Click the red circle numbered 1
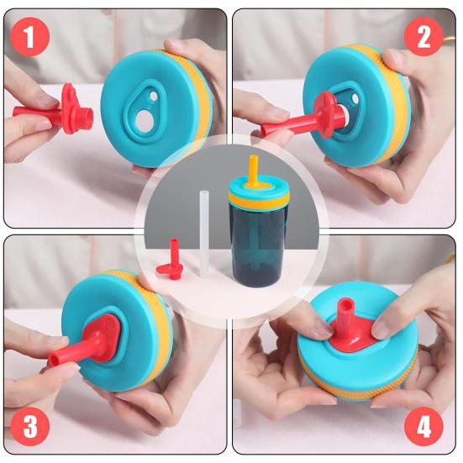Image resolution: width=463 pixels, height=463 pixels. tap(29, 37)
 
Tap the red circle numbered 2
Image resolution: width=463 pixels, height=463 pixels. tap(424, 37)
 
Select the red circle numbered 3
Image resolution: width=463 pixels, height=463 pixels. tap(29, 427)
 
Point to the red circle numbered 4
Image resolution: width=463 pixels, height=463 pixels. tap(424, 427)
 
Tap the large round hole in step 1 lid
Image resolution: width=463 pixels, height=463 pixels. tap(145, 121)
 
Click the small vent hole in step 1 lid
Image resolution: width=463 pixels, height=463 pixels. tap(154, 96)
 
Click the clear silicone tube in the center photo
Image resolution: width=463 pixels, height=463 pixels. tap(204, 234)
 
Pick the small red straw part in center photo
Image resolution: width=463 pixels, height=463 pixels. tap(171, 261)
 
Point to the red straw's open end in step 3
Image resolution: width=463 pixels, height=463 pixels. tap(53, 360)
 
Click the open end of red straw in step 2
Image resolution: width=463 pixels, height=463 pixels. tap(266, 129)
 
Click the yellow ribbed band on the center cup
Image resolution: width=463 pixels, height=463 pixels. tap(259, 200)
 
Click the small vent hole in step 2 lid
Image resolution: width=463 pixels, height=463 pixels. tap(355, 98)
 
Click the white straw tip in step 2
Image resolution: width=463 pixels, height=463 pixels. tap(345, 114)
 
